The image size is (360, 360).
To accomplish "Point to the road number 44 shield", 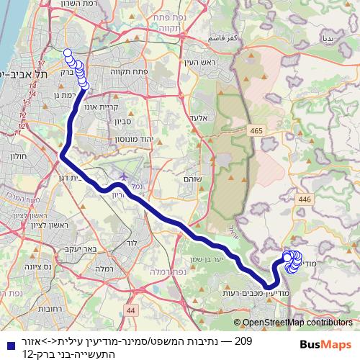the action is coord(130,310).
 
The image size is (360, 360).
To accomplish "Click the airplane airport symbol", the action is coord(122,175).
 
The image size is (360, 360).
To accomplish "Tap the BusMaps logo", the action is coord(327,344).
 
